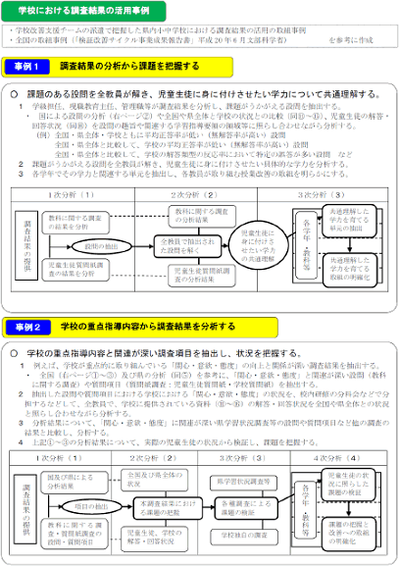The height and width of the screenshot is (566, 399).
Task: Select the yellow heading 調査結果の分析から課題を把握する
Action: tap(126, 68)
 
